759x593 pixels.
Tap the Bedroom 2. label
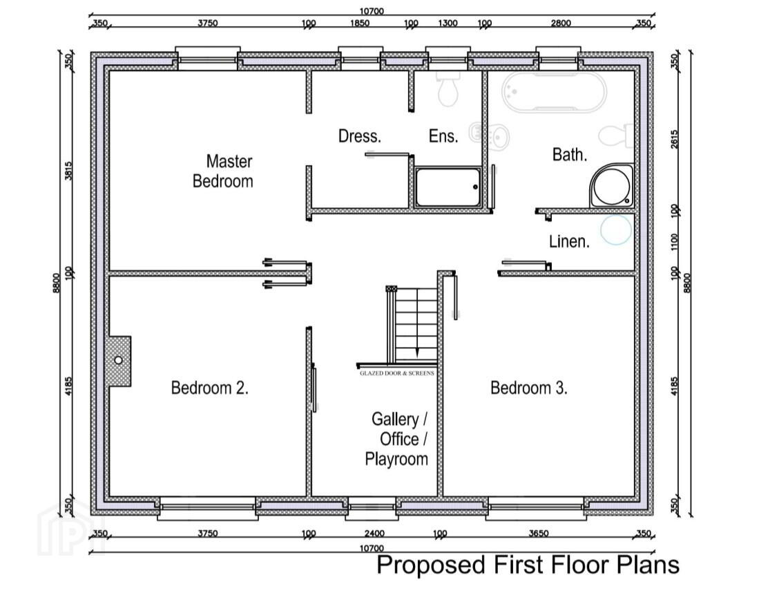click(x=209, y=388)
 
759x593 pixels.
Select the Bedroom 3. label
click(x=528, y=388)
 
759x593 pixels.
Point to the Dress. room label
click(x=360, y=136)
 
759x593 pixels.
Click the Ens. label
click(x=443, y=136)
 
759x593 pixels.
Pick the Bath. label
click(x=570, y=155)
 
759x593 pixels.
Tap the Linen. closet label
click(x=569, y=241)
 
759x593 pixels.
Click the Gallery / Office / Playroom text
click(x=397, y=439)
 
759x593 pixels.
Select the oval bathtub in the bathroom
click(x=554, y=93)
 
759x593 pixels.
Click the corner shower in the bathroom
click(x=612, y=186)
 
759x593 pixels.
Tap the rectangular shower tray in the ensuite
click(x=448, y=187)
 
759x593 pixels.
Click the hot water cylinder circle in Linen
click(x=616, y=230)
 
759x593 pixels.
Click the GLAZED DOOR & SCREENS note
click(x=397, y=373)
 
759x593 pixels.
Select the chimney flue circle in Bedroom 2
click(x=118, y=361)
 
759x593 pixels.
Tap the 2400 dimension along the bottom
click(x=374, y=534)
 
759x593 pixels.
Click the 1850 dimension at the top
click(x=360, y=23)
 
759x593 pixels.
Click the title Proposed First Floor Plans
click(x=528, y=565)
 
